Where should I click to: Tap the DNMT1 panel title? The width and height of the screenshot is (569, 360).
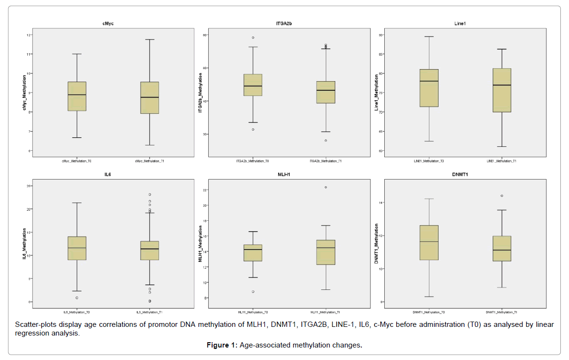point(465,175)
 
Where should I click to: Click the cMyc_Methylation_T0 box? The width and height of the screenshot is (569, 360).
point(77,96)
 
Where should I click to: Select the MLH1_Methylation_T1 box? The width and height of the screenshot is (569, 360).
point(326,252)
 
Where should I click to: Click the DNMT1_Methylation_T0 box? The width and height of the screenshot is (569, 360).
point(429,242)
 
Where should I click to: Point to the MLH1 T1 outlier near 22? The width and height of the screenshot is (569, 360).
point(326,187)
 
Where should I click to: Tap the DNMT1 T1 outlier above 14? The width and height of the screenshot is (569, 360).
point(502,196)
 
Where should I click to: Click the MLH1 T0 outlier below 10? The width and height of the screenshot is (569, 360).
point(253,291)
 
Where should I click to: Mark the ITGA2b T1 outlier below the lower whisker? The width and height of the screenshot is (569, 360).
point(326,140)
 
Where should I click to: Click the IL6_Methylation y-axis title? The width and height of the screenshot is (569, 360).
point(24,245)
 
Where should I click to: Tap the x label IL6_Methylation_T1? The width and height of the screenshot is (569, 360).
point(150,312)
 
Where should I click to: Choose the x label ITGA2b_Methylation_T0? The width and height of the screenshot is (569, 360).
point(253,161)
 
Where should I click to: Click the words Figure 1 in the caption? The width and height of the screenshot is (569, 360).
point(222,345)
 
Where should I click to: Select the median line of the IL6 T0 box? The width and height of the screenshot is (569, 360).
point(77,248)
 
